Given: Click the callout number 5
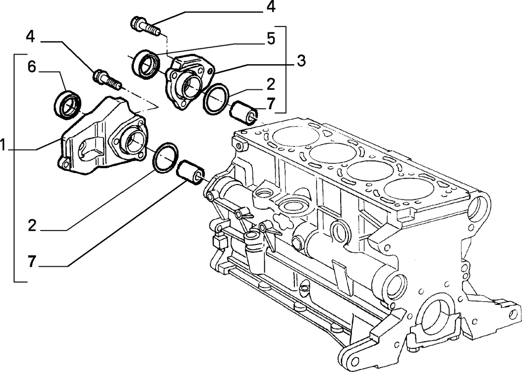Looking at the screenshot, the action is (x=271, y=39).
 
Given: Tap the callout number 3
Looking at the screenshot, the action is (x=301, y=61).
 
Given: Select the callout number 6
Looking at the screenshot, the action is (x=31, y=67).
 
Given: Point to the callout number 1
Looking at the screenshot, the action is (x=3, y=145).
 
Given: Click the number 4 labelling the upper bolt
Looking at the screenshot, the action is (x=271, y=7).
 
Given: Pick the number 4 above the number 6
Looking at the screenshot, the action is (x=30, y=37).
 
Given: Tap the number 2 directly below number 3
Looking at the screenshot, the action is (x=271, y=85).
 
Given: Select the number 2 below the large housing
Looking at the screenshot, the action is (x=32, y=226).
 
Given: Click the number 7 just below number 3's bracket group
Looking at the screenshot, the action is (x=271, y=104).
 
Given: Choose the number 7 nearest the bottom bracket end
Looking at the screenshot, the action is (x=31, y=261).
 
